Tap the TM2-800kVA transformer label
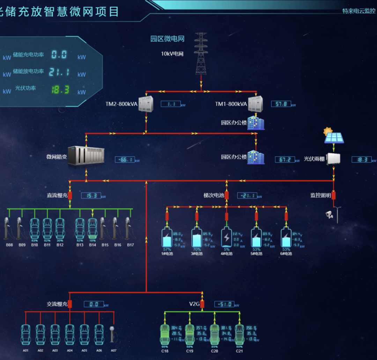(x=121, y=104)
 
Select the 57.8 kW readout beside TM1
(x=281, y=104)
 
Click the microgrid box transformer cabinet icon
(x=86, y=156)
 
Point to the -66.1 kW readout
(x=125, y=160)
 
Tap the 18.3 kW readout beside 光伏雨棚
(x=362, y=160)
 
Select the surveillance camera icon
(x=329, y=214)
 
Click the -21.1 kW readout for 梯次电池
(x=247, y=196)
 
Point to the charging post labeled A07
(x=113, y=333)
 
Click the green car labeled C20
(x=214, y=333)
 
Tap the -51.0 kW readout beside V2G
(x=224, y=304)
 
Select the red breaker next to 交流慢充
(x=70, y=304)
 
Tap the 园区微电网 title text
(x=167, y=39)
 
